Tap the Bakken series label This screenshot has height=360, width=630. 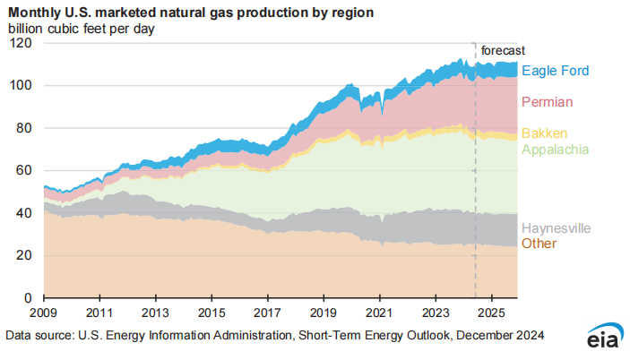[545, 133]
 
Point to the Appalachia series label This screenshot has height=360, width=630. [555, 148]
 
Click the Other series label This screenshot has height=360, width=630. [539, 244]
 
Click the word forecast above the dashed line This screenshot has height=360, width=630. [503, 51]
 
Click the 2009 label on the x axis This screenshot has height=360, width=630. [44, 314]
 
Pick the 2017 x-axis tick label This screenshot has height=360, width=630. [268, 314]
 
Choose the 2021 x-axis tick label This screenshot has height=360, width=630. [380, 314]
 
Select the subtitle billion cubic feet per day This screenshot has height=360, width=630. [82, 29]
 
